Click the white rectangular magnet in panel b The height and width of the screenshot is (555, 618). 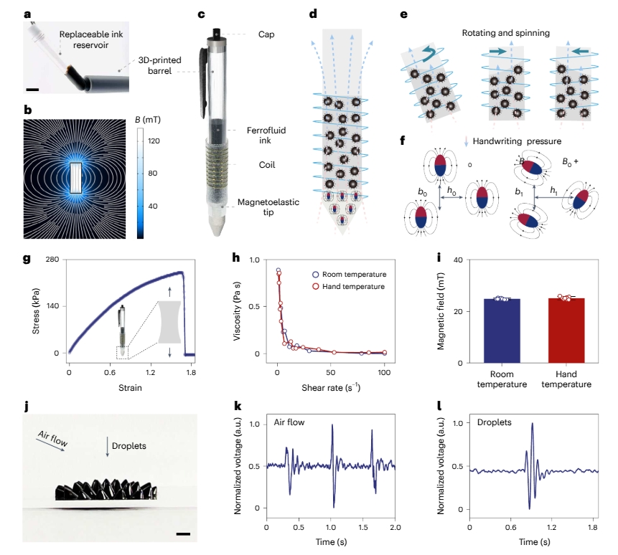79,177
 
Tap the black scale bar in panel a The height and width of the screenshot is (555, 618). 33,90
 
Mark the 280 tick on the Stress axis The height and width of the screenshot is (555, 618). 52,260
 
